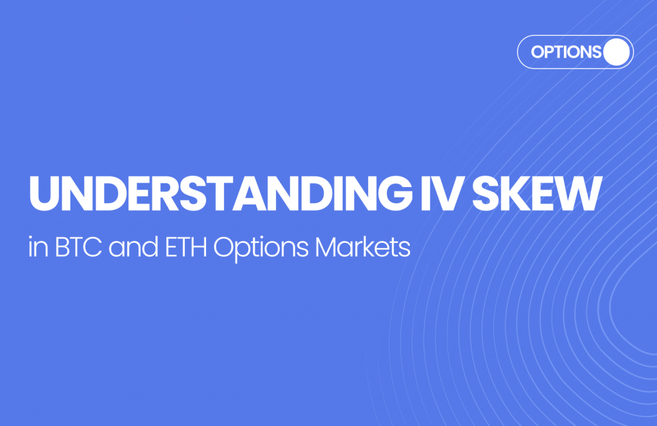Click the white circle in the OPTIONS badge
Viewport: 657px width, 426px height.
(617, 52)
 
